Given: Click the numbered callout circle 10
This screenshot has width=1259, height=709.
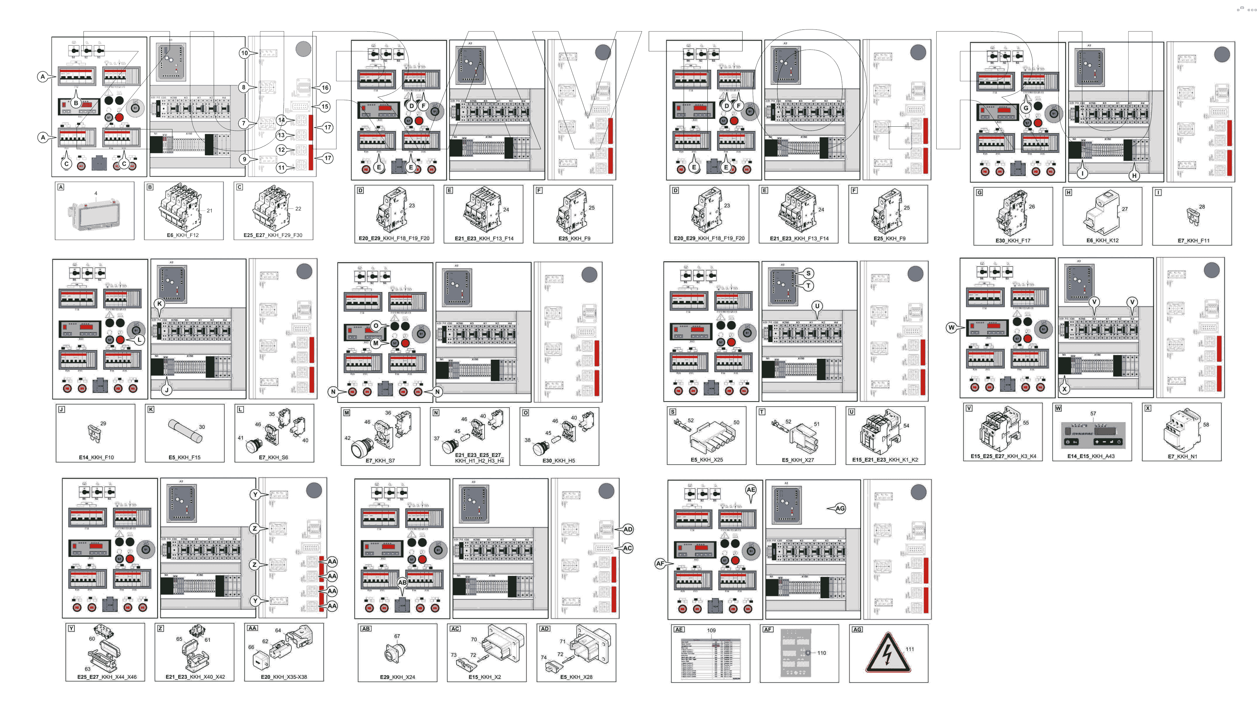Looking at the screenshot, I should pyautogui.click(x=244, y=53).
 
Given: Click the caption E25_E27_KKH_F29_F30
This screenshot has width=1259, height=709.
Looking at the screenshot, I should pyautogui.click(x=273, y=235).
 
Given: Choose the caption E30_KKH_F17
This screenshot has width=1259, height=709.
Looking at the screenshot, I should pyautogui.click(x=1013, y=241).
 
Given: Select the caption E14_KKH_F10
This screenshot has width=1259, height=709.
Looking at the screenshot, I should pyautogui.click(x=96, y=457).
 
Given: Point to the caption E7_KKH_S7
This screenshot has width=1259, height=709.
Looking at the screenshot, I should pyautogui.click(x=380, y=461).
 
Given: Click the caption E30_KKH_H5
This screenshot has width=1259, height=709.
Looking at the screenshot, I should pyautogui.click(x=559, y=461).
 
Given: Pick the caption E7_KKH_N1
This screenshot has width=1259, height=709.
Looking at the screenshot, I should pyautogui.click(x=1182, y=456).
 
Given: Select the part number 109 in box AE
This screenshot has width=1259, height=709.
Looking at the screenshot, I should pyautogui.click(x=711, y=630).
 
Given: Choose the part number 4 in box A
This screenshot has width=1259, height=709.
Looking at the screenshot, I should pyautogui.click(x=96, y=193).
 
